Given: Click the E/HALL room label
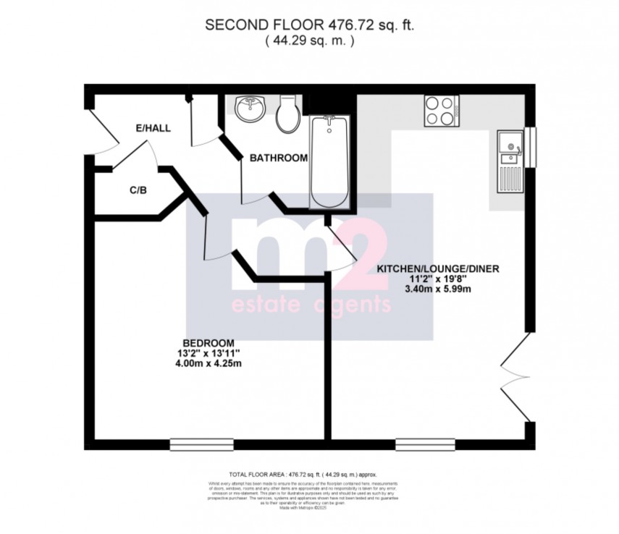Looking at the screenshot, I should (153, 128).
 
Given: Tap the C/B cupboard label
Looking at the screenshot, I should (138, 190).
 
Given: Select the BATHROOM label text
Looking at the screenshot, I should (279, 158).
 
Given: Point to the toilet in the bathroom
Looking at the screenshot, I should (287, 115).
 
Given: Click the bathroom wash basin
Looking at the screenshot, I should (251, 109).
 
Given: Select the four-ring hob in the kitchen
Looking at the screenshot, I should (439, 111).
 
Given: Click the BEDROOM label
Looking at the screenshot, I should (208, 342).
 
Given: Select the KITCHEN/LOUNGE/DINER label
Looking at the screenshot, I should (438, 268).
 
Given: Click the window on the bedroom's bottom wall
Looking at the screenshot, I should (202, 443).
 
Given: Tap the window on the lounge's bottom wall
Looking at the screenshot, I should (425, 443).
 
